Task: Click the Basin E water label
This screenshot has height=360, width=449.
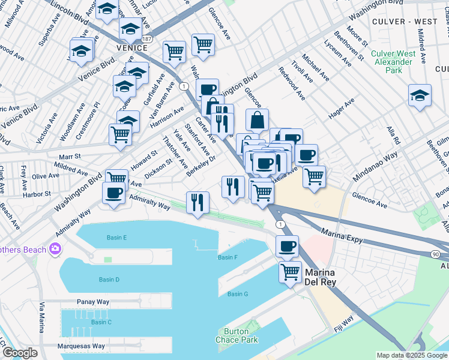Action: [116, 238]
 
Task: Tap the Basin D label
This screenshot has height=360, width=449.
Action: [109, 280]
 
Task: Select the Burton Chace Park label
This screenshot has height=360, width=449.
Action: [240, 335]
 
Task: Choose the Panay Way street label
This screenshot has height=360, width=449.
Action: [91, 302]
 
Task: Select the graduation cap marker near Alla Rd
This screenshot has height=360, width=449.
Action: [420, 95]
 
